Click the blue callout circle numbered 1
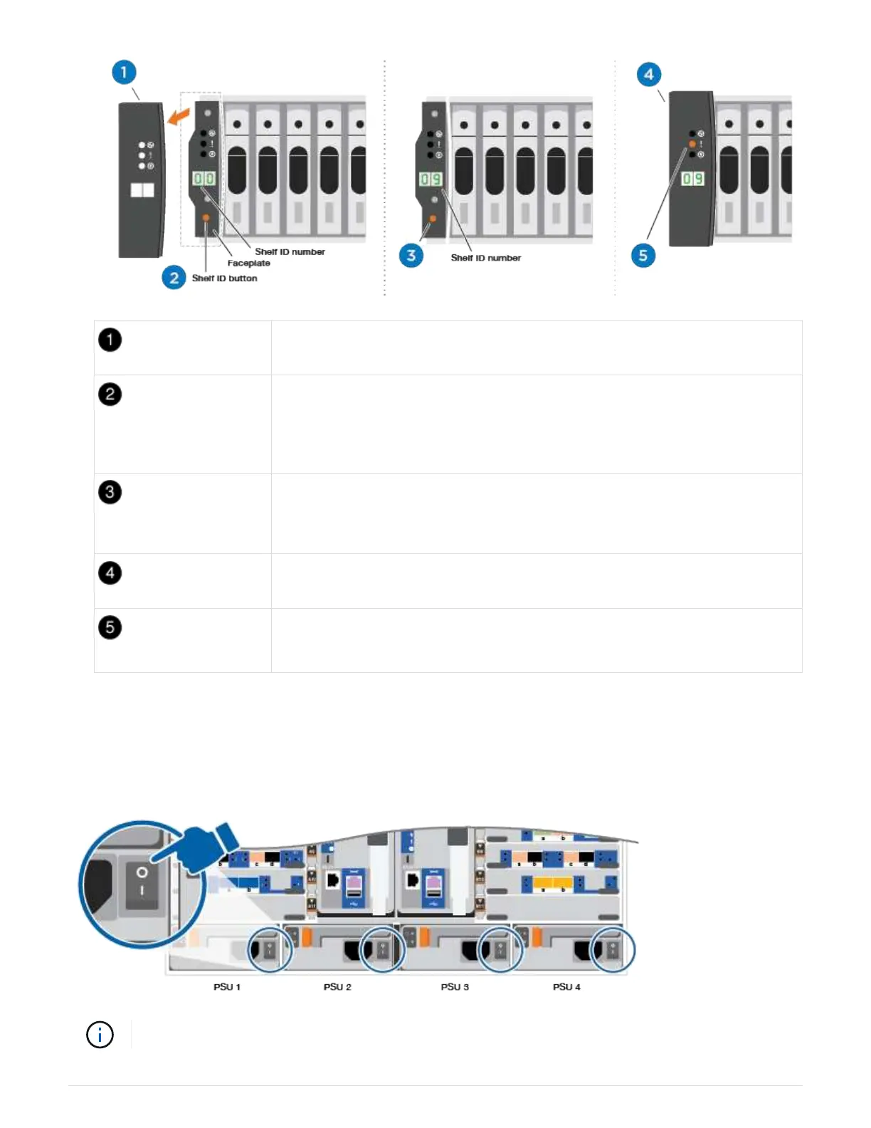pos(124,72)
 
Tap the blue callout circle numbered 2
pos(174,278)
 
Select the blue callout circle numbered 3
pos(411,255)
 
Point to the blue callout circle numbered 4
pos(648,74)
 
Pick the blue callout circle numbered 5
pos(643,256)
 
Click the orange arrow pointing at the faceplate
pos(178,115)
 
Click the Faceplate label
pos(248,263)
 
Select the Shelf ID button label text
pos(224,278)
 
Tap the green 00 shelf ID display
pos(204,178)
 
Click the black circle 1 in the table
pos(110,340)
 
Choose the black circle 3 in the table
pos(110,492)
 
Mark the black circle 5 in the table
pos(110,627)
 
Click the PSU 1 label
pos(227,987)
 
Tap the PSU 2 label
pos(337,987)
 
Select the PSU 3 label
pos(455,987)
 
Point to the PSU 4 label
pos(566,987)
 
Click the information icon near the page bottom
pos(100,1035)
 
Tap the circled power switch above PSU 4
pos(611,949)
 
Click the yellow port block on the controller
pos(553,884)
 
